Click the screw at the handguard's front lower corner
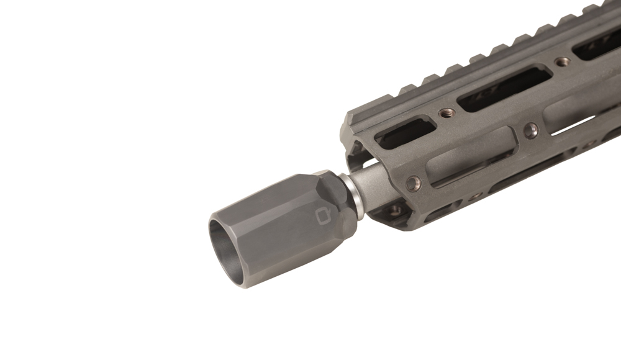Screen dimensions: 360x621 [413, 182]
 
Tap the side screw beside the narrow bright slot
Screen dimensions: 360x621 [531, 130]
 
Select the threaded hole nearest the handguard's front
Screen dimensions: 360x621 [446, 112]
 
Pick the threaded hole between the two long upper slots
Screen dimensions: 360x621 [562, 61]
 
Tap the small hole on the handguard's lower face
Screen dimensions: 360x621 [474, 196]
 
